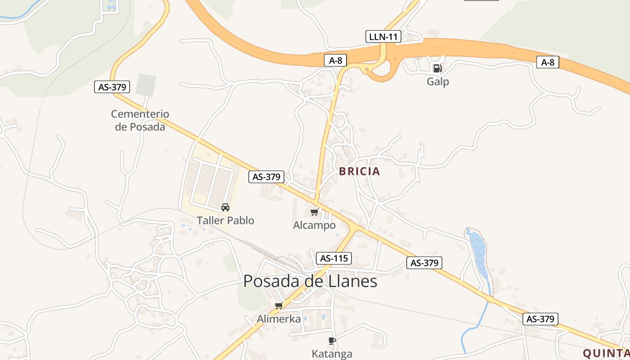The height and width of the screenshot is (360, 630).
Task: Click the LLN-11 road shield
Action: click(x=383, y=36)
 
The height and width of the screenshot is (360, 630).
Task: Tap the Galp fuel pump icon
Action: click(x=437, y=68)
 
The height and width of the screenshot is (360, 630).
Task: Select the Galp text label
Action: click(x=438, y=82)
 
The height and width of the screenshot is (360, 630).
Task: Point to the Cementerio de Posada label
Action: click(x=140, y=120)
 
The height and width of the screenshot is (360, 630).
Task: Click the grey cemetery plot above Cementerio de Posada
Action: click(x=146, y=85)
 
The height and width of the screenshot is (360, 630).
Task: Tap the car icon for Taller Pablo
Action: click(x=225, y=207)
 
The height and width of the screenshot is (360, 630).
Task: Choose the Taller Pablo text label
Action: click(x=225, y=220)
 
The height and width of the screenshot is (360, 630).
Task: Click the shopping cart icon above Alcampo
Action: click(x=314, y=212)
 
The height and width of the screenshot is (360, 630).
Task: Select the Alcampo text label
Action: click(x=314, y=225)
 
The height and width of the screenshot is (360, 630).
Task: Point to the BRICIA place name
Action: click(x=360, y=171)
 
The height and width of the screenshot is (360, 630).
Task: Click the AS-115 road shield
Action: click(x=333, y=258)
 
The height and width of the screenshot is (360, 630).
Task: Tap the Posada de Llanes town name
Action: click(x=310, y=281)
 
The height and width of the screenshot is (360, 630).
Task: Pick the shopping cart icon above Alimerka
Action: click(x=279, y=306)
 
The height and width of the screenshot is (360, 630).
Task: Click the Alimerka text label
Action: click(x=279, y=319)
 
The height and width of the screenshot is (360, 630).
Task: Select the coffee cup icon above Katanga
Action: click(x=332, y=341)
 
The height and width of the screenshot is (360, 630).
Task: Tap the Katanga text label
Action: click(x=332, y=354)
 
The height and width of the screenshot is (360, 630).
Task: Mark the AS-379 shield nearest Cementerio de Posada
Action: click(x=112, y=87)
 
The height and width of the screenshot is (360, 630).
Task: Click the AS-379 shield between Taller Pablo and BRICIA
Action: click(x=266, y=177)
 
